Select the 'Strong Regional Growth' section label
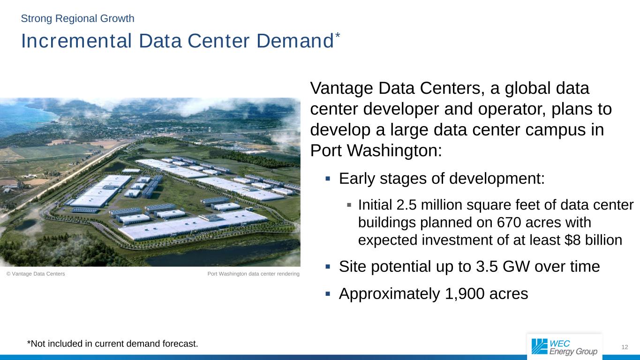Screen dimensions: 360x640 (77, 19)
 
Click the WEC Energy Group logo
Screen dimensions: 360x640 (565, 347)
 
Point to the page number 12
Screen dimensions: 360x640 (624, 347)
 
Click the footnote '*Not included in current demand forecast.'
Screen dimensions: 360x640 (113, 344)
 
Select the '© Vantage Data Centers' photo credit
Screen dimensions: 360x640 (36, 274)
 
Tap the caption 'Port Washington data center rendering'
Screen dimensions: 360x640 (253, 274)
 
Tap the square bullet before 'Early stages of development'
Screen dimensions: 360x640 (328, 179)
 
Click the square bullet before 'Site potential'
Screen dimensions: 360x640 (328, 267)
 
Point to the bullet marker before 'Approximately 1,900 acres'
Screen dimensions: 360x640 (328, 294)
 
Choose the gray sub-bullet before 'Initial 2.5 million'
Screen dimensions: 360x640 (349, 205)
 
